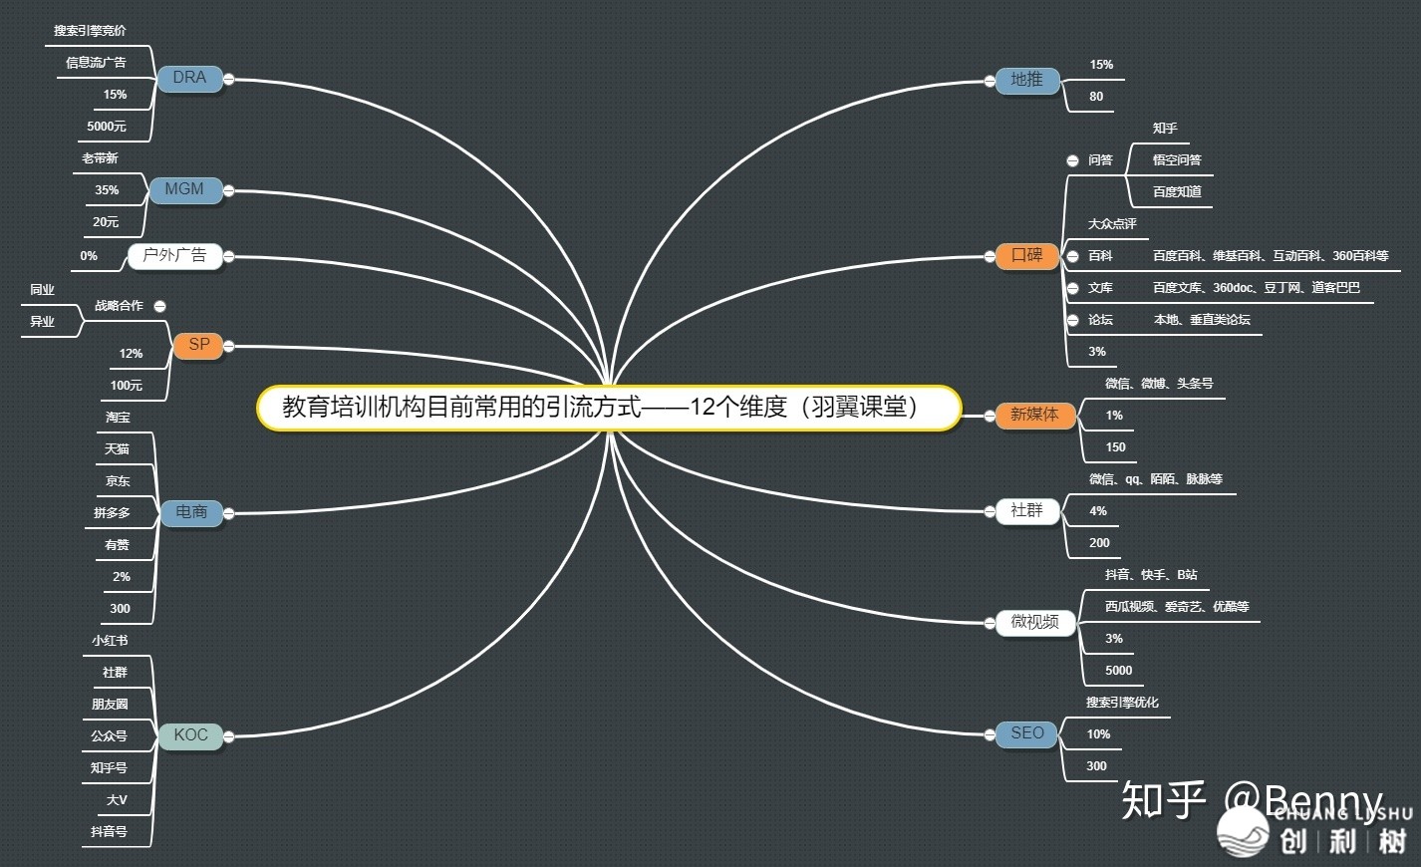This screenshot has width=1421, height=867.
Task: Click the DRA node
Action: [x=189, y=78]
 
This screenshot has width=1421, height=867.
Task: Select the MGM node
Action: [x=184, y=189]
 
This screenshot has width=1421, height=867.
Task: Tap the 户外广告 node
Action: [x=174, y=256]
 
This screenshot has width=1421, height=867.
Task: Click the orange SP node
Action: [x=199, y=345]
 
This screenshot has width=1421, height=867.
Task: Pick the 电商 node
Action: [x=191, y=512]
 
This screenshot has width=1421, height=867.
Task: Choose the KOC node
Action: [x=190, y=735]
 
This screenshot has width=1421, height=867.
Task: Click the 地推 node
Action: [x=1026, y=80]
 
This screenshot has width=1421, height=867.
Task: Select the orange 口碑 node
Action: [x=1026, y=256]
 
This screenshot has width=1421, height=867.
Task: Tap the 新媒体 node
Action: [x=1034, y=415]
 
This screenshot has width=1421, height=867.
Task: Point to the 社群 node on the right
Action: [x=1026, y=511]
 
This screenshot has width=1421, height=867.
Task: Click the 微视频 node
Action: [x=1034, y=623]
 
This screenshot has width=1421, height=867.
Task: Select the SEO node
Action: [x=1026, y=734]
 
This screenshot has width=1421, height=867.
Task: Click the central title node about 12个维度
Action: [x=608, y=408]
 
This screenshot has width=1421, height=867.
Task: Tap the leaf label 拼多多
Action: [x=112, y=513]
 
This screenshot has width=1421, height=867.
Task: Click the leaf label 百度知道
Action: [x=1177, y=192]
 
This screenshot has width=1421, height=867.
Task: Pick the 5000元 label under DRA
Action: [x=107, y=127]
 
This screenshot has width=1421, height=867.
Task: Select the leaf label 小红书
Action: [x=110, y=641]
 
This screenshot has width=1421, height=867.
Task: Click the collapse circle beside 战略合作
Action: [x=160, y=306]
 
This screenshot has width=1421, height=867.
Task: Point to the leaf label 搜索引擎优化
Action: [x=1122, y=703]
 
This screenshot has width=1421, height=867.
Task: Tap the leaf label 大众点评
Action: [x=1112, y=224]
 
